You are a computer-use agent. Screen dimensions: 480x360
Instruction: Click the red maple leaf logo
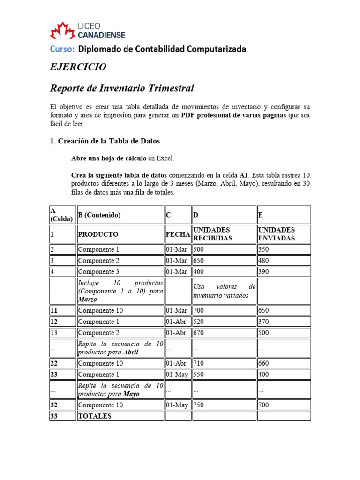pos(62,30)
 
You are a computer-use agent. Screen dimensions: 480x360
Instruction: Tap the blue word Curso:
pos(62,49)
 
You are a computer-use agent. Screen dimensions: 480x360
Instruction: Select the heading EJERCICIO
pos(78,67)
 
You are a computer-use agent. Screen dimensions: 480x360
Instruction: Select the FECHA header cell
pos(178,234)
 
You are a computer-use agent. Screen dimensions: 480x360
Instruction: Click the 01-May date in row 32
pos(177,405)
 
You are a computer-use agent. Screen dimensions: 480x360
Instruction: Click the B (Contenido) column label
pos(99,215)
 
